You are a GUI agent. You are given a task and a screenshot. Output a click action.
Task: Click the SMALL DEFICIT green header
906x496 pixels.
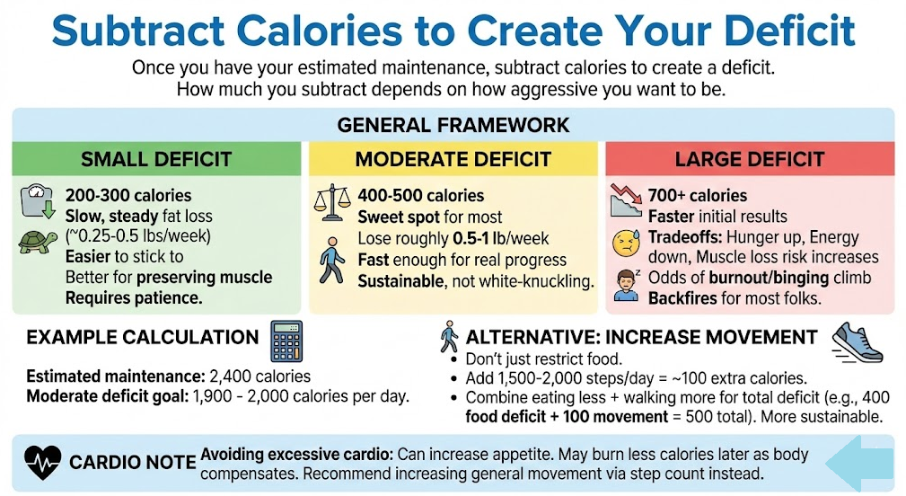click(x=155, y=160)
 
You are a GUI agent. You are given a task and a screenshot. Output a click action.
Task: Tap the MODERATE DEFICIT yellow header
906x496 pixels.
click(x=453, y=160)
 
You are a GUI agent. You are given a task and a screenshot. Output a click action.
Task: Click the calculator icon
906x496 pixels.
click(x=286, y=341)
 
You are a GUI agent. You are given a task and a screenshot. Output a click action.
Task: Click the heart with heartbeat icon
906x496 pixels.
click(x=44, y=461)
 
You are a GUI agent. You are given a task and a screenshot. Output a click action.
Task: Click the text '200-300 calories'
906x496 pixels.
click(x=128, y=195)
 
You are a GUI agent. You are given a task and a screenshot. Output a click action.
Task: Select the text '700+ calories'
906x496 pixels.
click(x=697, y=195)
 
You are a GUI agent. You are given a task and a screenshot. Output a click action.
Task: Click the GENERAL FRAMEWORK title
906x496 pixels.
click(x=453, y=124)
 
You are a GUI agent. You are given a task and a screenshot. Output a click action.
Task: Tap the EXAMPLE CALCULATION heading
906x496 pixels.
click(x=142, y=339)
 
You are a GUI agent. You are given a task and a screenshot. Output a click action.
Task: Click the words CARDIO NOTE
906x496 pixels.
click(x=133, y=462)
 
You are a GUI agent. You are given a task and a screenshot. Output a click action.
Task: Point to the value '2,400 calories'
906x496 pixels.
click(x=259, y=376)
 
